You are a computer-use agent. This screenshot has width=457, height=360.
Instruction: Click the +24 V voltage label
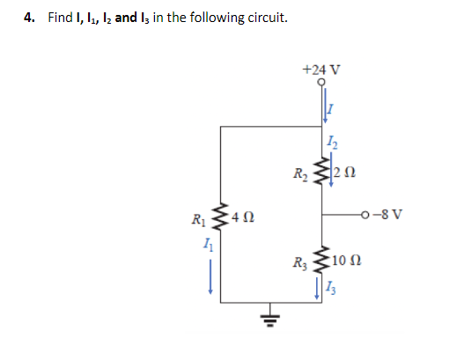[x=321, y=69]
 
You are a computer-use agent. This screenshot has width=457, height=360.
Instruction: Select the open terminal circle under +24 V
[x=322, y=82]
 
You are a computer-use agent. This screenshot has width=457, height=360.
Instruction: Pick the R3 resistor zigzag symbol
[x=322, y=261]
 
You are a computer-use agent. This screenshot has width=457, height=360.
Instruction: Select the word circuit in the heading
[x=267, y=18]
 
